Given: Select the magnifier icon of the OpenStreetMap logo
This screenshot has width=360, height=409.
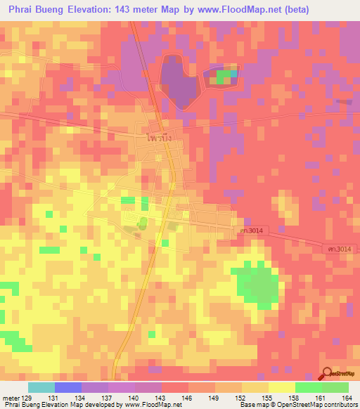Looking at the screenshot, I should point(327,373).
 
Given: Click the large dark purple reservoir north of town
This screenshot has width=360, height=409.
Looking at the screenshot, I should point(179,81).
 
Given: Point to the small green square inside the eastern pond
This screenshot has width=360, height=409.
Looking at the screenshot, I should point(224,75).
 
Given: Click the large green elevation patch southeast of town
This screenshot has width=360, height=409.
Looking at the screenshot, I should point(257,284).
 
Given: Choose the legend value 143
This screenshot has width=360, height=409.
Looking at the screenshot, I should point(161,398).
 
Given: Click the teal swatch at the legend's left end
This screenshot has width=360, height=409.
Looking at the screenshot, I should point(41,387).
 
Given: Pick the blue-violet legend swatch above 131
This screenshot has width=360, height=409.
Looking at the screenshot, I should point(67,387).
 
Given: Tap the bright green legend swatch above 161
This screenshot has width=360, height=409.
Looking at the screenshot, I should point(308,387).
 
